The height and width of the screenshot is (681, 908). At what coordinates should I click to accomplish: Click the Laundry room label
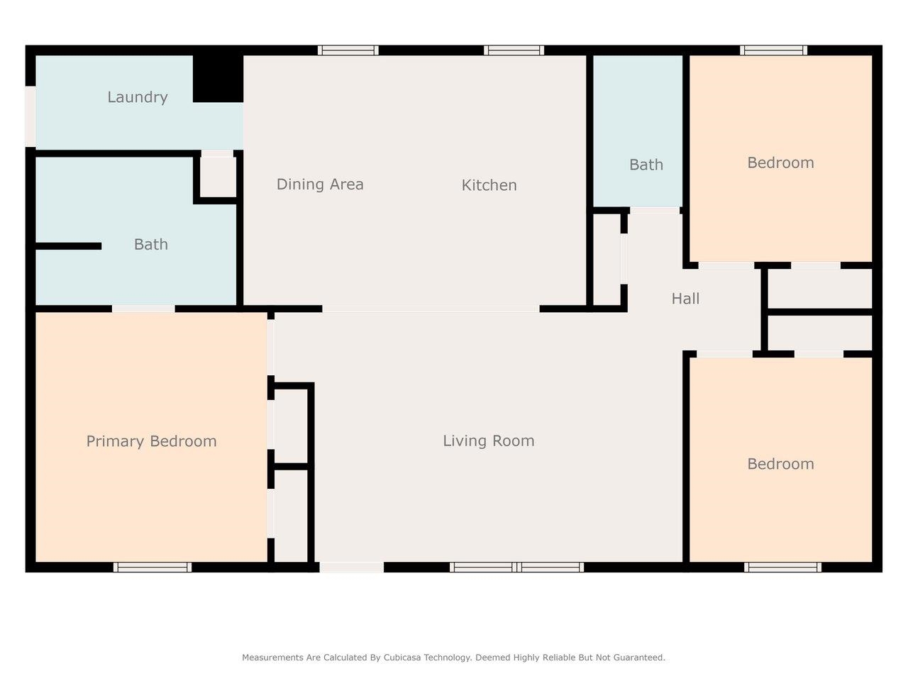pos(138,98)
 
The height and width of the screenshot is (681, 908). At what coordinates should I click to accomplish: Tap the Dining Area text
pos(320,184)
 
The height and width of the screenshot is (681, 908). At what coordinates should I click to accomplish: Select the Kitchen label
pos(489,185)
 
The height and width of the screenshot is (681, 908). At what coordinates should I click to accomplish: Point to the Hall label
pos(685,298)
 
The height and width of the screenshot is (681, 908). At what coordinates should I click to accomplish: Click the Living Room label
pos(489,441)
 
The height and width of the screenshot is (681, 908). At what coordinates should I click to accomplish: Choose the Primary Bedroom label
pos(151,441)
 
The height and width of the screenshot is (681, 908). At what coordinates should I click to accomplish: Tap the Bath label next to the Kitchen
pos(646,165)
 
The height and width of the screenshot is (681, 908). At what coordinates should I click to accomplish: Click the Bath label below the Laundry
pos(151,244)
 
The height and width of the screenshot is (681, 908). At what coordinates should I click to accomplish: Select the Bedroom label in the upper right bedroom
pos(780,162)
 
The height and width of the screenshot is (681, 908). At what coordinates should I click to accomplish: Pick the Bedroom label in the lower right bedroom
pos(780,464)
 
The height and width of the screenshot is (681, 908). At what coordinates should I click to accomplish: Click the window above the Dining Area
pos(348,50)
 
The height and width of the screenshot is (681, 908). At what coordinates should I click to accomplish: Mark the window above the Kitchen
pos(514,50)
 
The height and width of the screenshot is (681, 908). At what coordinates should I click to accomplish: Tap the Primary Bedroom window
pos(153,567)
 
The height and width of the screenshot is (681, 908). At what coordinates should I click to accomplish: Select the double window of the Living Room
pos(516,567)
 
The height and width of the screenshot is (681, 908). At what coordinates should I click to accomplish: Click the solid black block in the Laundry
pos(218,79)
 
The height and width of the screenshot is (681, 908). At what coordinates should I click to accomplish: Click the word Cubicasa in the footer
pos(405,658)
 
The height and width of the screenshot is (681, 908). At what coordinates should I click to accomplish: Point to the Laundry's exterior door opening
pos(31,116)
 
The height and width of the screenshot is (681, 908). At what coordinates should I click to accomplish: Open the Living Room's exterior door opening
pos(352,567)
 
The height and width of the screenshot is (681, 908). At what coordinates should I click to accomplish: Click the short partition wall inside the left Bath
pos(68,246)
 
